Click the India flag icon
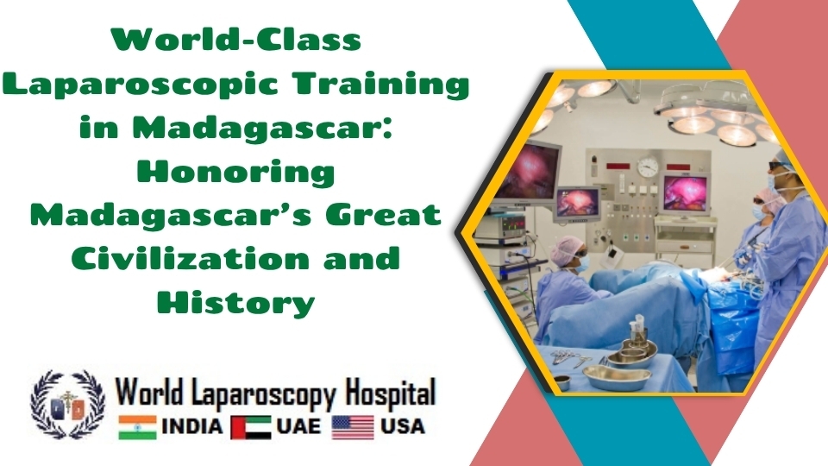(x=137, y=427)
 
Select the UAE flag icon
(x=251, y=427)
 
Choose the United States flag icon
(x=353, y=427)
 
